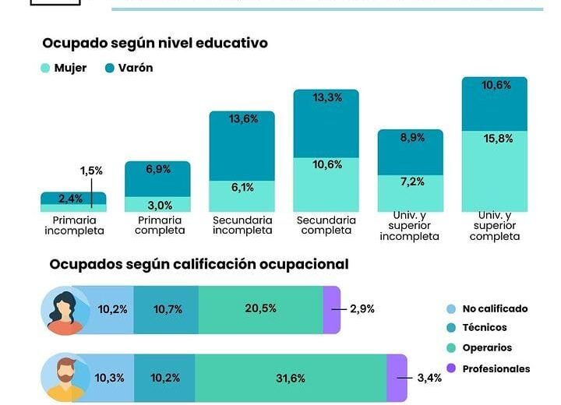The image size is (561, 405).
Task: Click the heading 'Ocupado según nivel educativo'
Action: [x=154, y=44]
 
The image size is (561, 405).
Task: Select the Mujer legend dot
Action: [x=44, y=69]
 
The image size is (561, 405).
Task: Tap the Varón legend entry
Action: [x=129, y=68]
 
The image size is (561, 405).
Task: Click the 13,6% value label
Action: [x=242, y=120]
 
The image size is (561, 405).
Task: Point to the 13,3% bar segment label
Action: [x=326, y=98]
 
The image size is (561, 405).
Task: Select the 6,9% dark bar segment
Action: [x=157, y=169]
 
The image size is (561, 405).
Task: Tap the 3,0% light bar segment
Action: [x=157, y=205]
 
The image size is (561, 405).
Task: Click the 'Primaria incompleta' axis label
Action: [x=74, y=226]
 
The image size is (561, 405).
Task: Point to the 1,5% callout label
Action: [x=91, y=171]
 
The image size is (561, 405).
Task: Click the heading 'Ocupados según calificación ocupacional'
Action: [x=199, y=265]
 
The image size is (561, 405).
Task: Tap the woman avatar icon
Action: [x=68, y=310]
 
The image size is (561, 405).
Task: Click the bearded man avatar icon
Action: [x=68, y=378]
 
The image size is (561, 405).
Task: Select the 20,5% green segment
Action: [x=260, y=309]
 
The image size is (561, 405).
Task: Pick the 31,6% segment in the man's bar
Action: [x=290, y=379]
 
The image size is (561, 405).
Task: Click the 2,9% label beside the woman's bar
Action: [x=362, y=309]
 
